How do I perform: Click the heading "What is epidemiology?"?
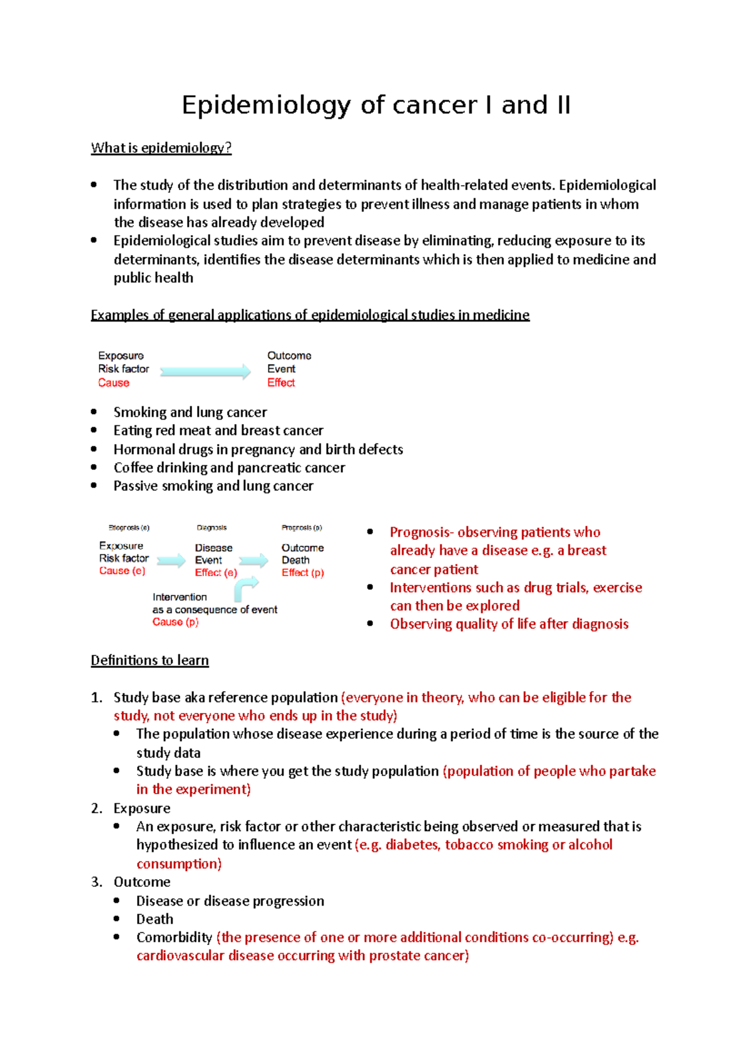161,148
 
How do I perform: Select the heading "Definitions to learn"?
150,660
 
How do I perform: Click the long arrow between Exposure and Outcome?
205,372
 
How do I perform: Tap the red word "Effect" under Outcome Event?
281,383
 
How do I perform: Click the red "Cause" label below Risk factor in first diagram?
113,383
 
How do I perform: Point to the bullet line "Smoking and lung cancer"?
190,412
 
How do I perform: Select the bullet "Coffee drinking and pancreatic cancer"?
229,468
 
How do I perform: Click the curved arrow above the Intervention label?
245,587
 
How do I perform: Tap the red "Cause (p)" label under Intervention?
175,622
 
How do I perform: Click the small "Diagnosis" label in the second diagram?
212,528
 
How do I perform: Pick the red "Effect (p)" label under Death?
302,573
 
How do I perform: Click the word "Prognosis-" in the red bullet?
421,532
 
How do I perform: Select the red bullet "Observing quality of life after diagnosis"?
509,624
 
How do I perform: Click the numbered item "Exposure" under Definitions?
141,808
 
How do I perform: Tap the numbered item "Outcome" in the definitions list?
141,882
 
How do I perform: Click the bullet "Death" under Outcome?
155,919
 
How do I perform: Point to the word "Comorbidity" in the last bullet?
174,937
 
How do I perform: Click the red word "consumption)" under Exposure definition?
179,864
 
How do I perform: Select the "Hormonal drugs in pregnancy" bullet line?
258,450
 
